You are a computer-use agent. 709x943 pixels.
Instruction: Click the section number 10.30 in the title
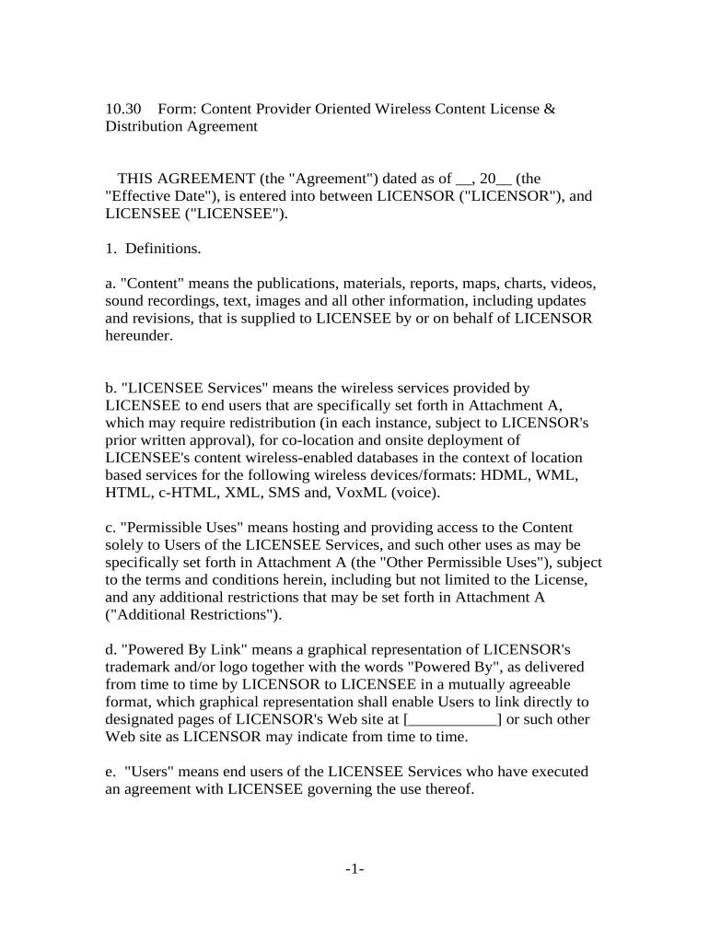[122, 109]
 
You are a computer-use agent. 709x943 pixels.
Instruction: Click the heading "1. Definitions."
[152, 249]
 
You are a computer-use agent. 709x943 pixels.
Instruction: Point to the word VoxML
[361, 493]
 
